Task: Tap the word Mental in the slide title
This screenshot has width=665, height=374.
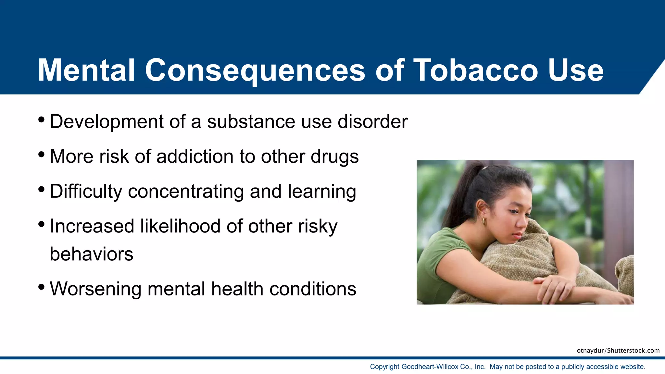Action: pyautogui.click(x=86, y=70)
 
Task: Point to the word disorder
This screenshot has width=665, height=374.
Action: pyautogui.click(x=372, y=122)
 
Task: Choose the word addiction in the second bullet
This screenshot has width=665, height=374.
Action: pyautogui.click(x=195, y=156)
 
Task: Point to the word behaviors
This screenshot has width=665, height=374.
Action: pyautogui.click(x=92, y=254)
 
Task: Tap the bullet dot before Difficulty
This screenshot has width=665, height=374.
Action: pyautogui.click(x=41, y=189)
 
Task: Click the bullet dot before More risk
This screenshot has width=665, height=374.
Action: pyautogui.click(x=41, y=154)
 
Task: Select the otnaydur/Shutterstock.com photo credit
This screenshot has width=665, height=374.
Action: pyautogui.click(x=618, y=351)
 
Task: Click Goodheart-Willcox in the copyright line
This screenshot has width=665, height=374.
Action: pyautogui.click(x=430, y=367)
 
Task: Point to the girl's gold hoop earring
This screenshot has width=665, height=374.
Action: pyautogui.click(x=484, y=221)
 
